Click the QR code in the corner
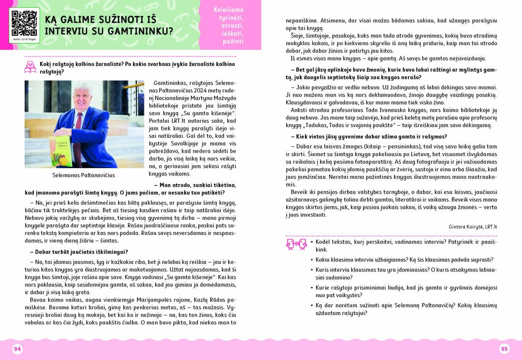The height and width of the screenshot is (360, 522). tap(24, 21)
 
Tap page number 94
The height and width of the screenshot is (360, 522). tap(17, 349)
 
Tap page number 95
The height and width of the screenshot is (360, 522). tap(504, 349)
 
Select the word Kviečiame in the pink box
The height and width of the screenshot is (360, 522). tap(229, 10)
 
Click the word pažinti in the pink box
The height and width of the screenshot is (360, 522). tap(233, 42)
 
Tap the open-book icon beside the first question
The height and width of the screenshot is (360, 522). tap(30, 67)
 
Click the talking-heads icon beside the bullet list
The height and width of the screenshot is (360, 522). tap(294, 244)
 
